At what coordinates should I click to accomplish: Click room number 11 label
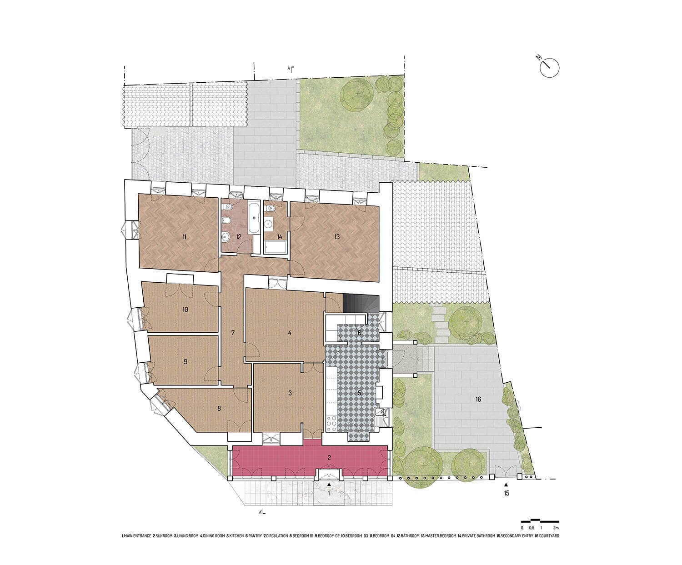tap(184, 237)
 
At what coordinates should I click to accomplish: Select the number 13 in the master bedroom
tap(337, 237)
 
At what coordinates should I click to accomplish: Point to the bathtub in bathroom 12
tap(254, 219)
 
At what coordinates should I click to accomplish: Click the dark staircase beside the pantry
tap(361, 304)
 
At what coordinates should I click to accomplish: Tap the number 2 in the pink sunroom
tap(329, 458)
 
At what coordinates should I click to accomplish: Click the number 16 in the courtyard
tap(478, 400)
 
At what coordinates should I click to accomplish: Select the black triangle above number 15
tap(506, 485)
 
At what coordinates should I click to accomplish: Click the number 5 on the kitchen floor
tap(359, 393)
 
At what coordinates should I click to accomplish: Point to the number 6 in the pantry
tap(359, 333)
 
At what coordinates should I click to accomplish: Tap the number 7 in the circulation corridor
tap(233, 333)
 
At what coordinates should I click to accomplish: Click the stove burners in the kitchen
tap(332, 422)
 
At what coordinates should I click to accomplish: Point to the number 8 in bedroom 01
tap(219, 408)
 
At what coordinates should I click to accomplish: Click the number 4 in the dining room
tap(289, 333)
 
